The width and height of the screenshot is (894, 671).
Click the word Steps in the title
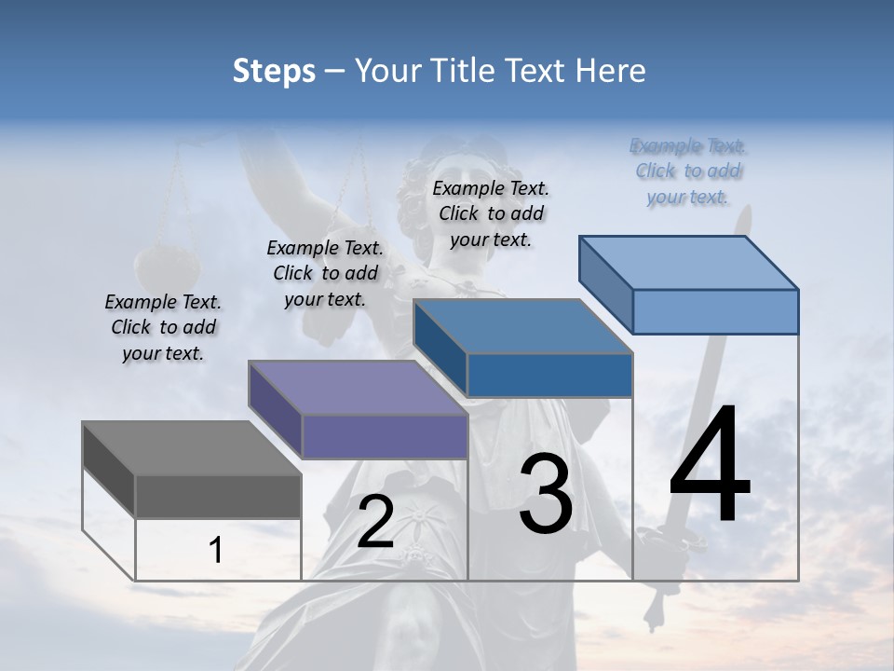pyautogui.click(x=274, y=71)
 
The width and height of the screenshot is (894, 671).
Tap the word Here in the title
pyautogui.click(x=610, y=71)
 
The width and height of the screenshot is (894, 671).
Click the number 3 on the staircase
pyautogui.click(x=546, y=494)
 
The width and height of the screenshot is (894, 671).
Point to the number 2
pyautogui.click(x=375, y=522)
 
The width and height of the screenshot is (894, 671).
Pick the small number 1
pyautogui.click(x=216, y=550)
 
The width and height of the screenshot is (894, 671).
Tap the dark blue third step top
pyautogui.click(x=521, y=326)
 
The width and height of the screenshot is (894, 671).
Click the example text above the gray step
pyautogui.click(x=163, y=327)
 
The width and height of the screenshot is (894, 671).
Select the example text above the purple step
pyautogui.click(x=325, y=273)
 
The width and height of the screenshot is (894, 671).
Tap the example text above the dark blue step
pyautogui.click(x=491, y=213)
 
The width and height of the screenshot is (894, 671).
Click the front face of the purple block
pyautogui.click(x=384, y=436)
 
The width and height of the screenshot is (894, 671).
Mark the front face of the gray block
pyautogui.click(x=218, y=496)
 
